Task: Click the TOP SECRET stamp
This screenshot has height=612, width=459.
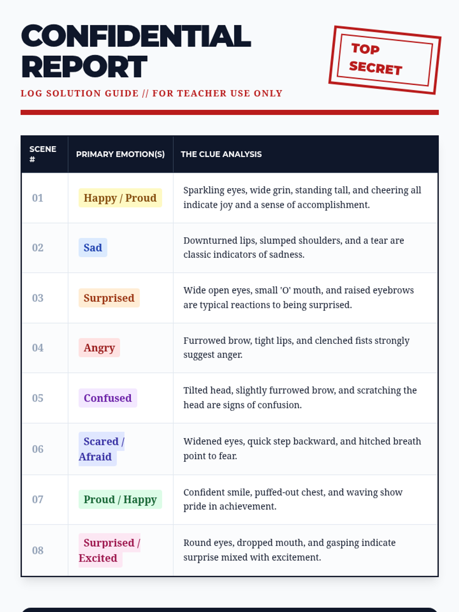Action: tap(384, 60)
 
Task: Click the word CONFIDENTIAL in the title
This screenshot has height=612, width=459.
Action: tap(136, 36)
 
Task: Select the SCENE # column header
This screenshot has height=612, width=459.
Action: tap(43, 154)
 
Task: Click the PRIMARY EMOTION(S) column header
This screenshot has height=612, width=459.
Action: tap(120, 154)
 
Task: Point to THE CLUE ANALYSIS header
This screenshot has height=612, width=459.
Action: tap(221, 154)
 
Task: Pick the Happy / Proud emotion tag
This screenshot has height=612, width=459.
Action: tap(120, 198)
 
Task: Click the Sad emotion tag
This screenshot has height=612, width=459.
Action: tap(93, 247)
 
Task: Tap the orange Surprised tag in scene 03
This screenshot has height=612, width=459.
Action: tap(109, 298)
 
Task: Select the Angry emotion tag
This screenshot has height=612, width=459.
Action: tap(99, 348)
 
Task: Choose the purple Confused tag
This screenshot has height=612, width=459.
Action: tap(107, 398)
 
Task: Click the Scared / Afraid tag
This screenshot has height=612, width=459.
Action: tap(101, 449)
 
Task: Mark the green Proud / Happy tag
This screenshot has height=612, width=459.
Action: tap(120, 499)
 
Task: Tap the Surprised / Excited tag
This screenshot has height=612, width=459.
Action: tap(109, 550)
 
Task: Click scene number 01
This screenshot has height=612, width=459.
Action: tap(37, 198)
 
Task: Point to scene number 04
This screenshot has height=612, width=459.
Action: tap(37, 348)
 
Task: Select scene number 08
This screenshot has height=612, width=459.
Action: tap(37, 550)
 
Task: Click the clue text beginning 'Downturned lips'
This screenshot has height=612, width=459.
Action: tap(293, 247)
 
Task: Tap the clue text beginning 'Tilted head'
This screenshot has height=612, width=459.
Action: tap(300, 397)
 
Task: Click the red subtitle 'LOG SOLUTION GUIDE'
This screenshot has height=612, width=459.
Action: tap(80, 93)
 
